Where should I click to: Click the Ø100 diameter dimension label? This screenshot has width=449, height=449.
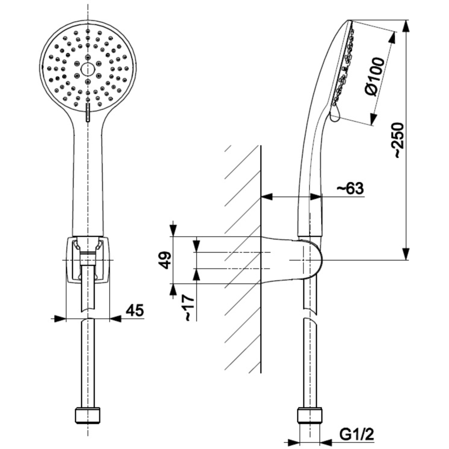375,76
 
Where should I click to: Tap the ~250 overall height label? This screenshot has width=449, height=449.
397,140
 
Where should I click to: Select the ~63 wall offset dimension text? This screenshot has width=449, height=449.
350,189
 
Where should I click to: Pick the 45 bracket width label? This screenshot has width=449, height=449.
134,310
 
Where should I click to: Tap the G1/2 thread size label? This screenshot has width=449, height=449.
356,433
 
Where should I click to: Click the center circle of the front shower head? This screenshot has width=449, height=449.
88,68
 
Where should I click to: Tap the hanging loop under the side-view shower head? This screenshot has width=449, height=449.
334,114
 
